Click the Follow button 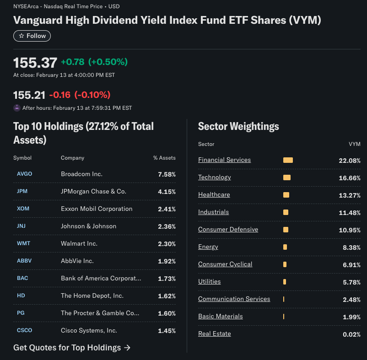32,36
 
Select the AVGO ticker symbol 25,174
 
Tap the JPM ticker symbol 22,191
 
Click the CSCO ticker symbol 25,330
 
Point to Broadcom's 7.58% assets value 167,174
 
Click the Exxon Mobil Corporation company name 97,209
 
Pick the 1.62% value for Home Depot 167,296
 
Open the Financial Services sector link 224,160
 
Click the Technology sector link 215,177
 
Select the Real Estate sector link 215,333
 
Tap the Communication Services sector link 234,299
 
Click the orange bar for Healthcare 286,195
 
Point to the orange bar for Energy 285,247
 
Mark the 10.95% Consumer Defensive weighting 350,230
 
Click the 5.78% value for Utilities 351,282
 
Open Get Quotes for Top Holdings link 72,348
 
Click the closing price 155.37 35,63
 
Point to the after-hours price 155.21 29,95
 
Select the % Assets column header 164,158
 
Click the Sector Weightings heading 238,126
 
